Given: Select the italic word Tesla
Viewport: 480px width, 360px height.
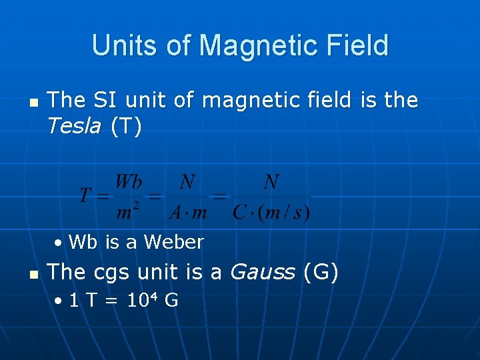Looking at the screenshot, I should [x=74, y=127].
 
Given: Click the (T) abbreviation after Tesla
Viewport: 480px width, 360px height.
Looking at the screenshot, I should [x=126, y=127].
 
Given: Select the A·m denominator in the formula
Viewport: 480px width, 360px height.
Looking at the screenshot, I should [x=188, y=212].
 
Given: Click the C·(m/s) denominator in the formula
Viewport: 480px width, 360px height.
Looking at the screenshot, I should [x=271, y=212].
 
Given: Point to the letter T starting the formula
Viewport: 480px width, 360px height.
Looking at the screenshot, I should [x=85, y=197].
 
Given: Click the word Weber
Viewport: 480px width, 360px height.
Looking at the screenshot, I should [x=173, y=242].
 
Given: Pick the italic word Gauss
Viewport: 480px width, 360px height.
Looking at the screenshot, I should [x=262, y=272].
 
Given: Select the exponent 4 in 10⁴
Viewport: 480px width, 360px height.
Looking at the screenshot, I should [x=153, y=296].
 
